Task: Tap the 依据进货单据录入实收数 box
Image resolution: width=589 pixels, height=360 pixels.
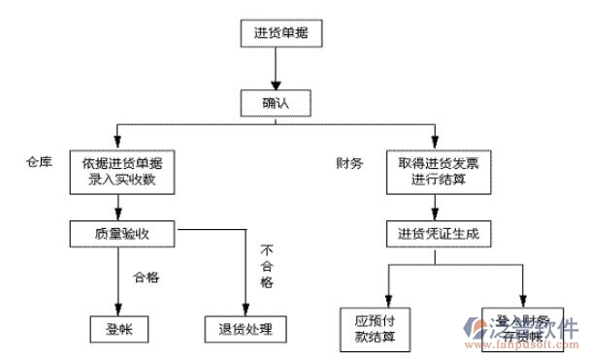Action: [x=122, y=172]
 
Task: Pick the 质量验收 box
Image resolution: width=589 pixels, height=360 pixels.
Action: [x=122, y=233]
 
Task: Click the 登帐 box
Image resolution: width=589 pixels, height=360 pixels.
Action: [x=119, y=329]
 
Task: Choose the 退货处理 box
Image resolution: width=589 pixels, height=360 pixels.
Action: [x=245, y=329]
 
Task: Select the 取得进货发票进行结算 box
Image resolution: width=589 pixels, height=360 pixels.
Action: [x=438, y=172]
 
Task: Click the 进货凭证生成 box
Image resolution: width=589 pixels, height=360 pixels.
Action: [x=438, y=234]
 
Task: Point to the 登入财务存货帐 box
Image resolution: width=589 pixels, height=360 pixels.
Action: [x=523, y=327]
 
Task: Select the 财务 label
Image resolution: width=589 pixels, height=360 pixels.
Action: [x=348, y=163]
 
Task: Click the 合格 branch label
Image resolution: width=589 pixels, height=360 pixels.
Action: [x=146, y=277]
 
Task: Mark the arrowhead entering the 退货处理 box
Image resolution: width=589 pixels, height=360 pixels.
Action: [x=242, y=310]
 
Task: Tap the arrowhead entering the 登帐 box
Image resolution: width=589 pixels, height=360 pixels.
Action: [x=118, y=310]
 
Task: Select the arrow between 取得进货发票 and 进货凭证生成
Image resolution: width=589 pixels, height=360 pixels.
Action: [x=438, y=208]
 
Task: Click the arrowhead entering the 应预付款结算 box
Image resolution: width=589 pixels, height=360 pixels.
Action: [x=387, y=301]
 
